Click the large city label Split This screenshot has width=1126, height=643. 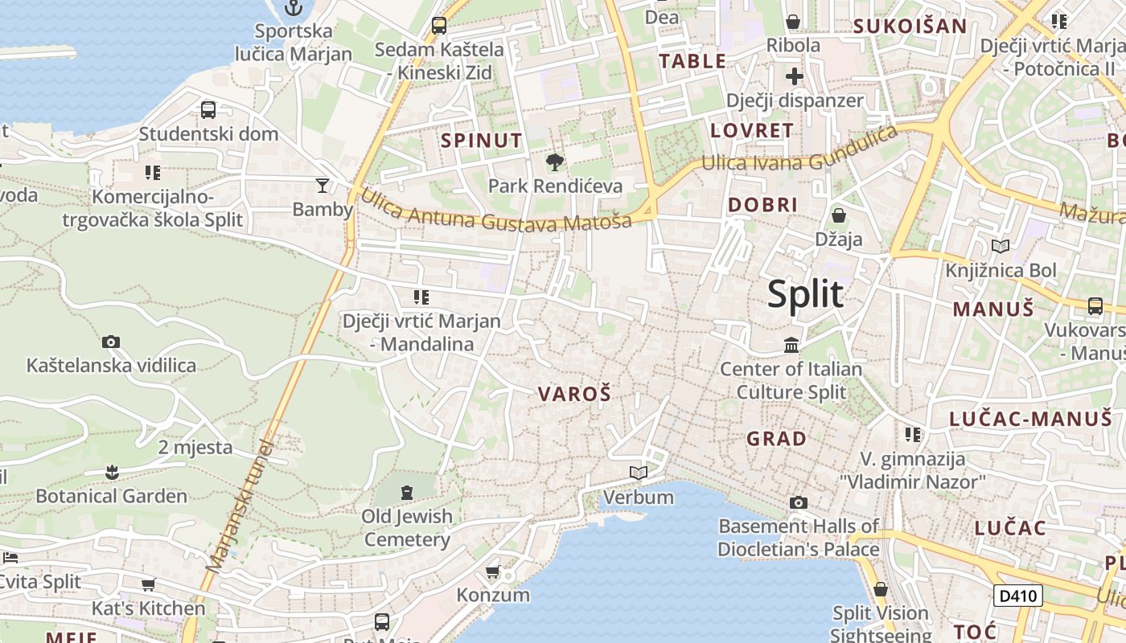805,294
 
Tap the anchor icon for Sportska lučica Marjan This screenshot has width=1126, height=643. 294,9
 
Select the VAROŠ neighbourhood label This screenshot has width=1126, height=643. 574,394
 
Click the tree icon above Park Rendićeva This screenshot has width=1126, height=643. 554,163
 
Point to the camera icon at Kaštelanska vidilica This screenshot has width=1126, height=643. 111,342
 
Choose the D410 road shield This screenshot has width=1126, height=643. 1018,596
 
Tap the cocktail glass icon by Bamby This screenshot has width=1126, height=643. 323,186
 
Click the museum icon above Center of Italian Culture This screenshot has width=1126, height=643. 791,346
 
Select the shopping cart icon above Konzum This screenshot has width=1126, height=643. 492,571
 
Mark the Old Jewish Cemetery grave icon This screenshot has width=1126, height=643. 406,491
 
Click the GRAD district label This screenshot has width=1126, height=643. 776,439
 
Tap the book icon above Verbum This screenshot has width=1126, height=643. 639,473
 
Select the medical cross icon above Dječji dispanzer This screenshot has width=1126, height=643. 795,77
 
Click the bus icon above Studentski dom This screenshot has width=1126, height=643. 208,110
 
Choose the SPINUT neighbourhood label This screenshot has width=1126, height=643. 481,141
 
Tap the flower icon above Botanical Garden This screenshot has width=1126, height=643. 112,472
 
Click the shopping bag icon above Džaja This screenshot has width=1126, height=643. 839,215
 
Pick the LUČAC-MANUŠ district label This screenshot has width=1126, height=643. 1029,419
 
